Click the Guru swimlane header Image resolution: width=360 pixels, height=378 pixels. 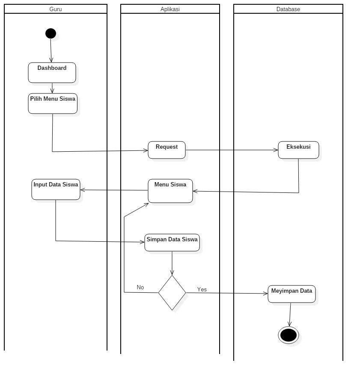pos(55,9)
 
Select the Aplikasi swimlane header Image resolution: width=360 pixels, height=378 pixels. pos(170,9)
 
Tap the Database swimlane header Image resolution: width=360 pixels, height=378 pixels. pos(288,9)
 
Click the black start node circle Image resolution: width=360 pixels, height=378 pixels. pos(51,33)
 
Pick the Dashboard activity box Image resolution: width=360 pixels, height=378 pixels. pos(52,72)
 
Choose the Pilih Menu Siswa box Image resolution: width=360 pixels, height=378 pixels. pos(53,103)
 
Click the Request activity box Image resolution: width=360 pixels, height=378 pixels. pos(167,150)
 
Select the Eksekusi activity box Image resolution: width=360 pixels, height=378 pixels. pos(298,150)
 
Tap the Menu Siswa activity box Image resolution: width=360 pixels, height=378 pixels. pos(170,191)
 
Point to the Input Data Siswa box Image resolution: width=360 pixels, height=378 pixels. pos(56,189)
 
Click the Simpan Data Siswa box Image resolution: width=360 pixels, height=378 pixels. pos(172,243)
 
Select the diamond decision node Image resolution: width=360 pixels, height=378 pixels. pos(172,293)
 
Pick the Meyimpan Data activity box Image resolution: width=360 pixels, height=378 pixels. pos(292,294)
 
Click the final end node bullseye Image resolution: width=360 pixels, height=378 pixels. pos(288,335)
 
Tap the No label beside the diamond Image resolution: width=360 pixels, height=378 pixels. pos(140,287)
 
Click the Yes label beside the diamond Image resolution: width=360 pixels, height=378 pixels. pos(202,289)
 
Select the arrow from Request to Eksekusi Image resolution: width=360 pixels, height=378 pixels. pos(232,150)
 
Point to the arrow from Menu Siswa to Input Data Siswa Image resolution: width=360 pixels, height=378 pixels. pos(114,190)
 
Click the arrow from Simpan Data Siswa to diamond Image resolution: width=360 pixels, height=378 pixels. pos(172,263)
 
